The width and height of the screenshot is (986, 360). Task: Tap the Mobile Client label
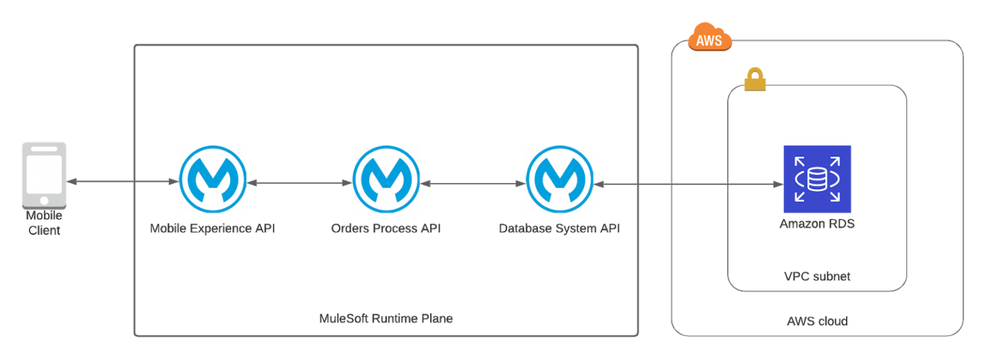tap(44, 223)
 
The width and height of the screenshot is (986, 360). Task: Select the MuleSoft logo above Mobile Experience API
tap(212, 179)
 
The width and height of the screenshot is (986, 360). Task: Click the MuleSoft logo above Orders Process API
tap(386, 179)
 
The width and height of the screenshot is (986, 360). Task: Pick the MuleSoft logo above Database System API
tap(559, 179)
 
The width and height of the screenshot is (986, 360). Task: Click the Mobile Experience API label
tap(212, 228)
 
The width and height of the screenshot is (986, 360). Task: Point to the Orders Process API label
tap(386, 228)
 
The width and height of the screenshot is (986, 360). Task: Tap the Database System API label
tap(559, 228)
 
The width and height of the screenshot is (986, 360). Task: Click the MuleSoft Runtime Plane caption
tap(386, 318)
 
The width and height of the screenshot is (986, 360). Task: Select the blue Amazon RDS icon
tap(817, 179)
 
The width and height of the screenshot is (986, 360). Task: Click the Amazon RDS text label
tap(817, 224)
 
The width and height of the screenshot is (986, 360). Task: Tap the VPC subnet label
tap(817, 277)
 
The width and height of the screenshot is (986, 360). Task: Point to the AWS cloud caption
tap(817, 321)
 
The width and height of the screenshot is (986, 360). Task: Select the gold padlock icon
tap(755, 80)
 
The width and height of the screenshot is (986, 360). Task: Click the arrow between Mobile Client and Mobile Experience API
tap(122, 182)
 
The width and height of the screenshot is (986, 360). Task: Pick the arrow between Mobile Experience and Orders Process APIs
tap(299, 184)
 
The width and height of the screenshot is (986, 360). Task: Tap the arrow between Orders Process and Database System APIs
tap(472, 184)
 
